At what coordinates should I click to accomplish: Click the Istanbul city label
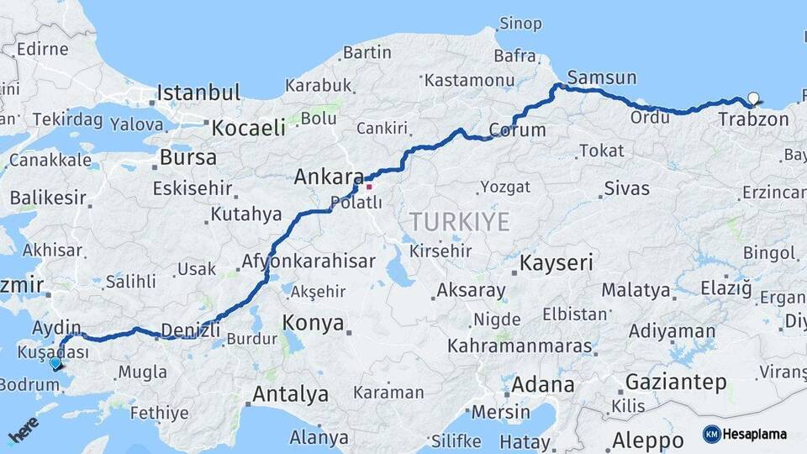198,92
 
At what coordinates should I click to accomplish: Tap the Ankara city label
328,177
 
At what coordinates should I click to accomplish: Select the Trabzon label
753,119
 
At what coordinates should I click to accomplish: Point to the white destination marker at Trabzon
752,98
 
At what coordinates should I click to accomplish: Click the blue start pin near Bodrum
55,363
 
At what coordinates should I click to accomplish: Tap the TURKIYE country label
459,222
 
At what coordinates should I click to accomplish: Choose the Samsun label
602,77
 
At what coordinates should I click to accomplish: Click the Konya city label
313,323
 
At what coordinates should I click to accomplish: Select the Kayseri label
556,263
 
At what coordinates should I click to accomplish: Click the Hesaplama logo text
754,434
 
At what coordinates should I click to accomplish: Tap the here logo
24,430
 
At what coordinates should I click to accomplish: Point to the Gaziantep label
676,383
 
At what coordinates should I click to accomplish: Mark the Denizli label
189,330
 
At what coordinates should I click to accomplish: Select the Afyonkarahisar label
308,261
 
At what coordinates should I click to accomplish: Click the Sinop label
520,24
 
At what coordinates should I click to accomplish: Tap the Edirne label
42,49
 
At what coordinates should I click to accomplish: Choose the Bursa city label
187,157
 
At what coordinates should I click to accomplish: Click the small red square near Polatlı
368,186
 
